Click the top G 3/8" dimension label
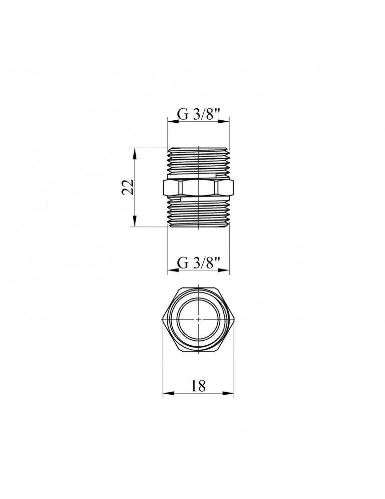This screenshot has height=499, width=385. (199, 114)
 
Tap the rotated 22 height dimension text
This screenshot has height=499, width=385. (128, 187)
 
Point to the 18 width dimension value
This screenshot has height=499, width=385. (198, 386)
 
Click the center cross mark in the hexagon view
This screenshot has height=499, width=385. (198, 319)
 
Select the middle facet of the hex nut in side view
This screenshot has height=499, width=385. (198, 188)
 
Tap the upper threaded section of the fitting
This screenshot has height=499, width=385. (198, 162)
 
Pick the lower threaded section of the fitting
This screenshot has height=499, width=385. (198, 212)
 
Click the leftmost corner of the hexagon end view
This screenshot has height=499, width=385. (164, 319)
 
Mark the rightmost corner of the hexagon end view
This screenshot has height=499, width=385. (233, 319)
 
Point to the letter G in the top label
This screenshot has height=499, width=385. (183, 114)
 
